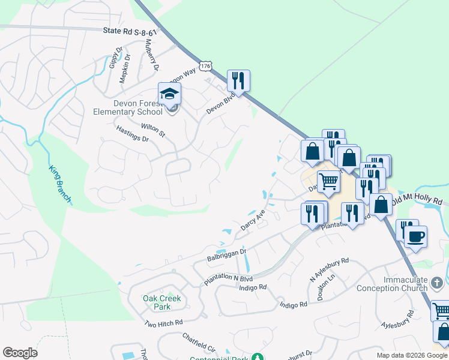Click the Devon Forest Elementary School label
(x=128, y=107)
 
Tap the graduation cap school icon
(x=169, y=94)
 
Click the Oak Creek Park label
(x=161, y=302)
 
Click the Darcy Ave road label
(x=253, y=220)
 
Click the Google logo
(x=20, y=353)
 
